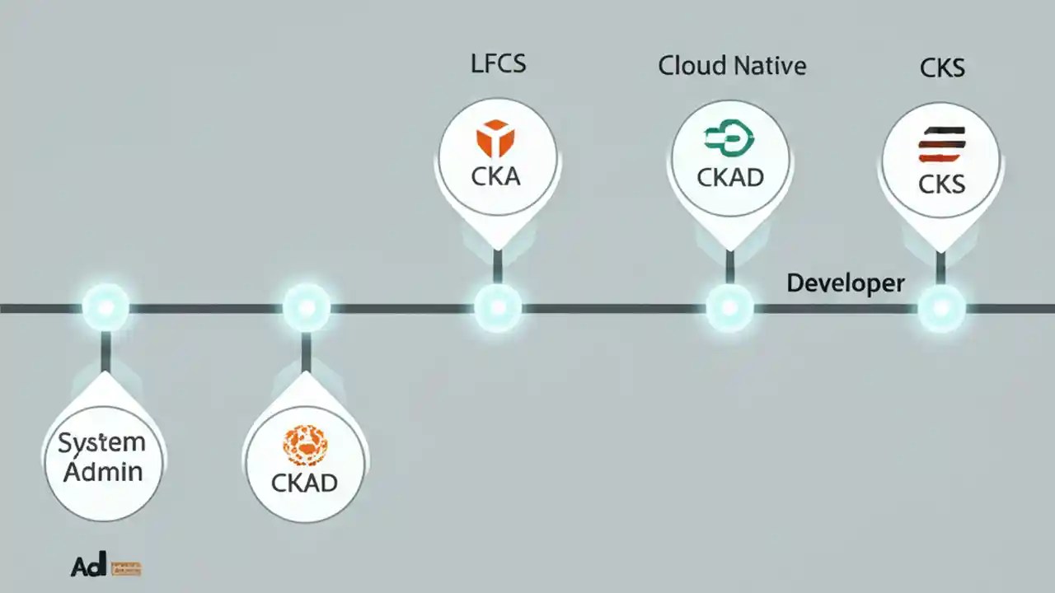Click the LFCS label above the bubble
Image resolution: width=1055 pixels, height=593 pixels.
498,64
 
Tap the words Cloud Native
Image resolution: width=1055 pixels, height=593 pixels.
732,66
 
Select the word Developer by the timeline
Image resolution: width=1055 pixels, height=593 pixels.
845,283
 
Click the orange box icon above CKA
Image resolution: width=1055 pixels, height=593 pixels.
495,138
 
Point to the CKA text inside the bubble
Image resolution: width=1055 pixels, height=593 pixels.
496,176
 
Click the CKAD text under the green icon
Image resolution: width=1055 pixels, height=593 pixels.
730,177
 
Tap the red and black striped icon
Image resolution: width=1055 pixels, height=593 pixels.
941,145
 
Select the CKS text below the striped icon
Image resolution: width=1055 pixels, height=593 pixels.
941,183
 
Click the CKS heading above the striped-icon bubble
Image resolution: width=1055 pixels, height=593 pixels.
942,68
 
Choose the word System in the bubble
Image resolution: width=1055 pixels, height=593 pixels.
101,443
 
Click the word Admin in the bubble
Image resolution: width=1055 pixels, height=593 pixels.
104,472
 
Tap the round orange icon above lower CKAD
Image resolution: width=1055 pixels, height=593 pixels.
305,446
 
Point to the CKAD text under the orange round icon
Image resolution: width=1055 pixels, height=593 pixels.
304,483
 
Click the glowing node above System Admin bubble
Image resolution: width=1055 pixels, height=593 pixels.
105,308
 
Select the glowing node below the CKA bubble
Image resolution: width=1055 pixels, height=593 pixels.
498,308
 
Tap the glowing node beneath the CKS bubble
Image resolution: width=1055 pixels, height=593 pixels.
941,308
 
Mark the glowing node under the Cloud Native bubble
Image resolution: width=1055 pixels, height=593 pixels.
729,308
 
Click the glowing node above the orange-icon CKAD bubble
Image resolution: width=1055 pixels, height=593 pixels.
306,308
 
